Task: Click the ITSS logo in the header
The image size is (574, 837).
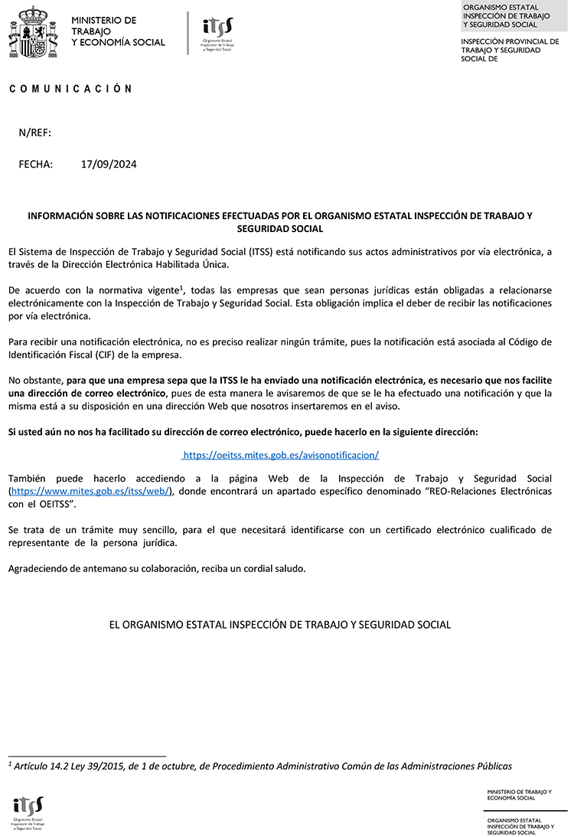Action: [x=217, y=33]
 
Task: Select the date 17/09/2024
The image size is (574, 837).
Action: [x=109, y=164]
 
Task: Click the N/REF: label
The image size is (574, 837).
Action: [x=34, y=132]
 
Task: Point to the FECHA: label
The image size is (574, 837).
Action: [x=36, y=164]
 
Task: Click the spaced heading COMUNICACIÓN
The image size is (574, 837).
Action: [x=71, y=89]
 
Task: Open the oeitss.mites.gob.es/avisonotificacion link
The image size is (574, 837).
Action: [x=281, y=455]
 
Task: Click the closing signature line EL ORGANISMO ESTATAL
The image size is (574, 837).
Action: [x=280, y=625]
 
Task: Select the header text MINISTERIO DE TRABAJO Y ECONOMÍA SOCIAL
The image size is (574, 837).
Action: [x=117, y=31]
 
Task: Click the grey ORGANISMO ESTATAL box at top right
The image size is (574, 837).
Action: [x=515, y=17]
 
